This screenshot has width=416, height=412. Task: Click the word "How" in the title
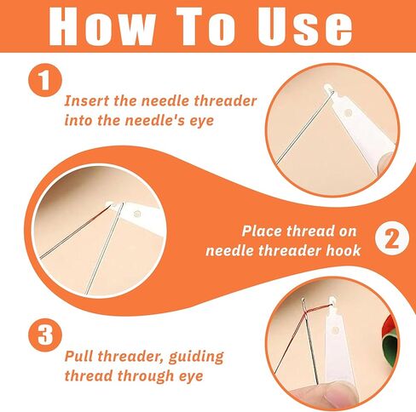(102, 26)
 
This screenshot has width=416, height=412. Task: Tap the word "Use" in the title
(305, 26)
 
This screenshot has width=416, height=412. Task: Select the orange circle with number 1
(45, 80)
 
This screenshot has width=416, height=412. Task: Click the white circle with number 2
(392, 238)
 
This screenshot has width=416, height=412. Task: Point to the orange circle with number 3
(45, 335)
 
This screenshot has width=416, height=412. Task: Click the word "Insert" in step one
(87, 100)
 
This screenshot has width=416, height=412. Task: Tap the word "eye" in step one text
(202, 121)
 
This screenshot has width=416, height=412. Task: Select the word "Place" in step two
(262, 231)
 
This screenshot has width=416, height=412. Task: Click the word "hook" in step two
(344, 250)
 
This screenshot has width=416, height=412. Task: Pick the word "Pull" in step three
(79, 356)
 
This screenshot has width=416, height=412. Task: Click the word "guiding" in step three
(196, 357)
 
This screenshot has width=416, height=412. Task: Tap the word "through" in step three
(146, 376)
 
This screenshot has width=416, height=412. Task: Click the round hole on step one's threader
(348, 113)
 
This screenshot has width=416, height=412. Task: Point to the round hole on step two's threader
(137, 214)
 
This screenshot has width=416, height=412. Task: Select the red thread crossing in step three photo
(305, 313)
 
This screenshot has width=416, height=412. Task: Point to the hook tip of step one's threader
(330, 91)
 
